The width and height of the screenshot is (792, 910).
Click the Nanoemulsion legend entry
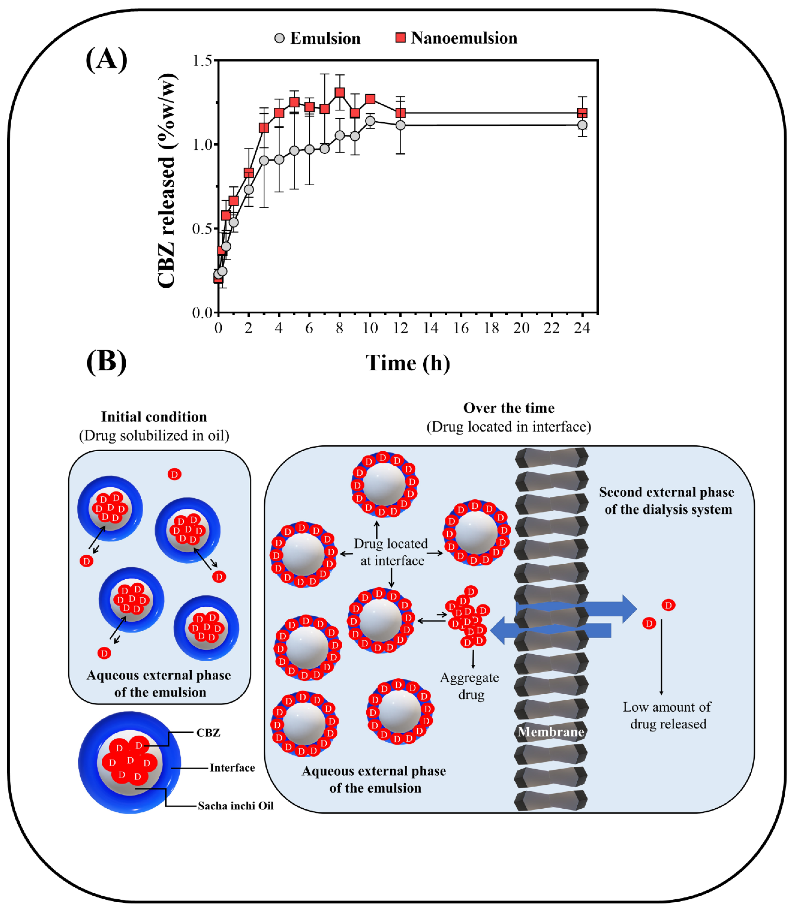click(456, 38)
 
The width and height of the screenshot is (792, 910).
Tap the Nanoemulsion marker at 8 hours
click(339, 92)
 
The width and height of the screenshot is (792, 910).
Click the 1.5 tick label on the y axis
click(203, 61)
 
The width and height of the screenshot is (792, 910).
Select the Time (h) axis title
click(407, 363)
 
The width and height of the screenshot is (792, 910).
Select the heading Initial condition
click(154, 417)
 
